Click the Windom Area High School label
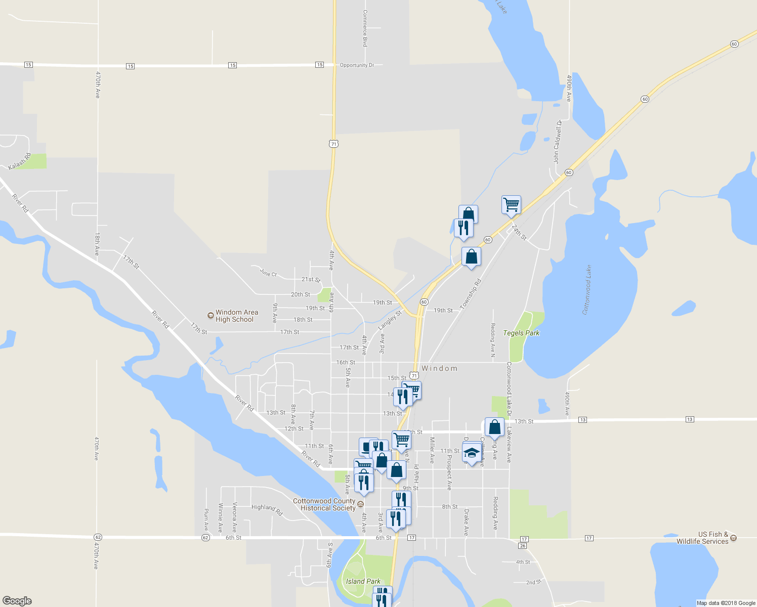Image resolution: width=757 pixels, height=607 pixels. (236, 316)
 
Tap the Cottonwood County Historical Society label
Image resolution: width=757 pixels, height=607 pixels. (324, 504)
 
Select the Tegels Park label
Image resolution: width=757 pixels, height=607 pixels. (521, 333)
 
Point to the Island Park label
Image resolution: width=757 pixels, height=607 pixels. (363, 581)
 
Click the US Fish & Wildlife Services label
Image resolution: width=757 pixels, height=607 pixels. (702, 538)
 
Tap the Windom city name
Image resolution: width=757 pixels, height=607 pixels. (439, 368)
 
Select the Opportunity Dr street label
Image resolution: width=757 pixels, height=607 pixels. (357, 65)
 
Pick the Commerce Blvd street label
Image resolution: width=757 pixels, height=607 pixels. (365, 28)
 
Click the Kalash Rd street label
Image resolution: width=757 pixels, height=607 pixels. (20, 162)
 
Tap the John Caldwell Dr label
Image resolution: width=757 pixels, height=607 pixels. (557, 142)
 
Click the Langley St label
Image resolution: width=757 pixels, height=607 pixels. (390, 321)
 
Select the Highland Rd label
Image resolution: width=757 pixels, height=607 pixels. (267, 508)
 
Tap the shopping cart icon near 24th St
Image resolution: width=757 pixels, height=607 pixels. (511, 205)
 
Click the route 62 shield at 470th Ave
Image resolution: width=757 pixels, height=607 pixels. (98, 537)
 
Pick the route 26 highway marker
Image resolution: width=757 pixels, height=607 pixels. (523, 546)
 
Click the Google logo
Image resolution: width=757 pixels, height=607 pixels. (17, 601)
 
